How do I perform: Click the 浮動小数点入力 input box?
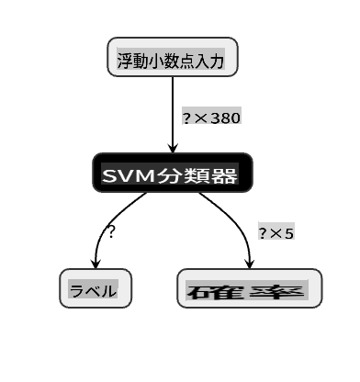pyautogui.click(x=173, y=57)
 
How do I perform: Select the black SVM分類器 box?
pyautogui.click(x=173, y=173)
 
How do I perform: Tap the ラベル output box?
pyautogui.click(x=96, y=288)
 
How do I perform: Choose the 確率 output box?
pyautogui.click(x=250, y=288)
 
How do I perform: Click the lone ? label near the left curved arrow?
pyautogui.click(x=110, y=231)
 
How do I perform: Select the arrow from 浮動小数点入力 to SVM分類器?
pyautogui.click(x=173, y=115)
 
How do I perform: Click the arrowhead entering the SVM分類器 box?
pyautogui.click(x=173, y=148)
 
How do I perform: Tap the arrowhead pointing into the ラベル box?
pyautogui.click(x=96, y=264)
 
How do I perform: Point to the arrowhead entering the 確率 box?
pyautogui.click(x=250, y=264)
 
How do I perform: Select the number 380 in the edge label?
pyautogui.click(x=225, y=118)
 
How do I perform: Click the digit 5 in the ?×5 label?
pyautogui.click(x=288, y=234)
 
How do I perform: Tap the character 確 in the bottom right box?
pyautogui.click(x=215, y=291)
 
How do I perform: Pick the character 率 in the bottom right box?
pyautogui.click(x=277, y=291)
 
